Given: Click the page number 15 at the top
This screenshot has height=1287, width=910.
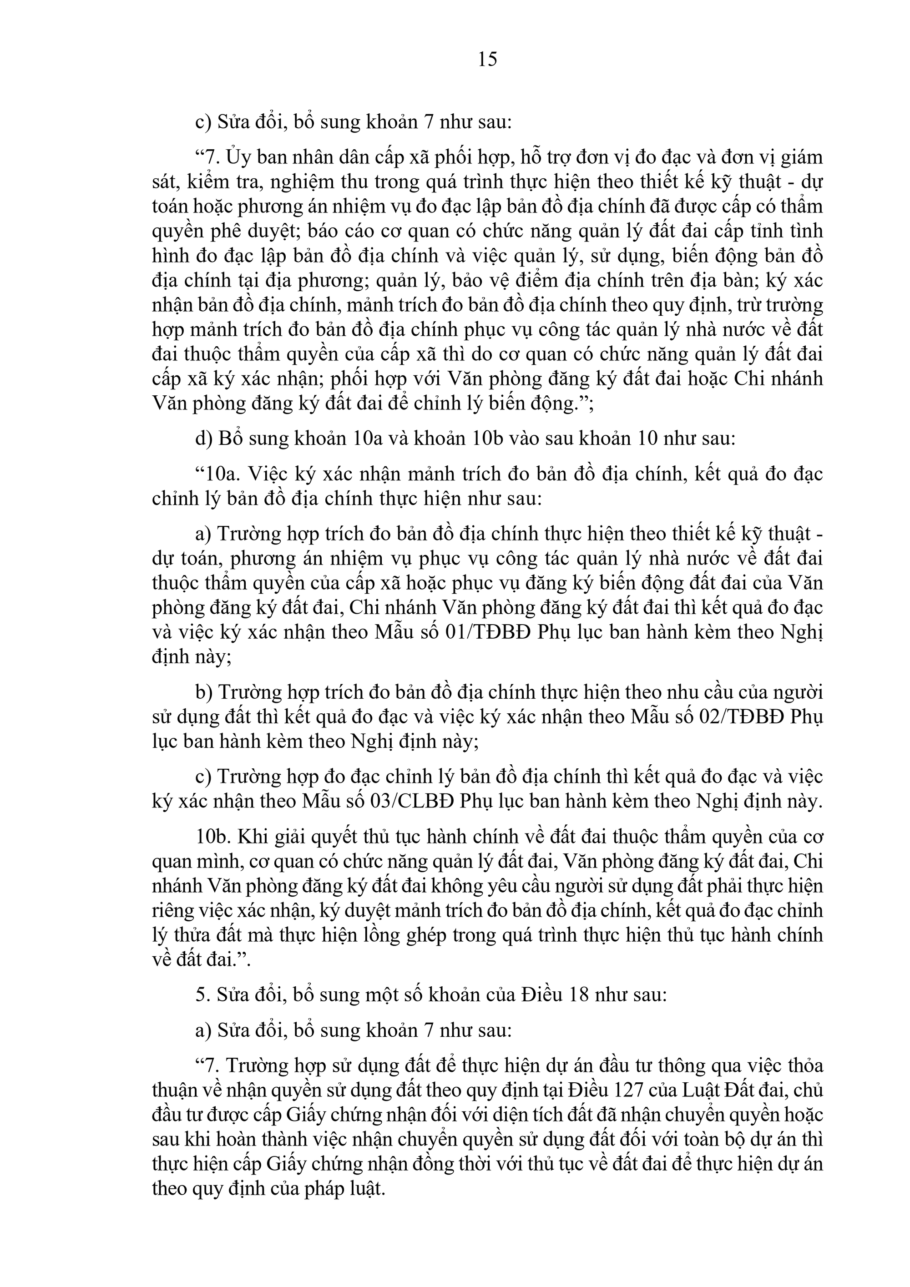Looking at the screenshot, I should [x=487, y=59].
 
